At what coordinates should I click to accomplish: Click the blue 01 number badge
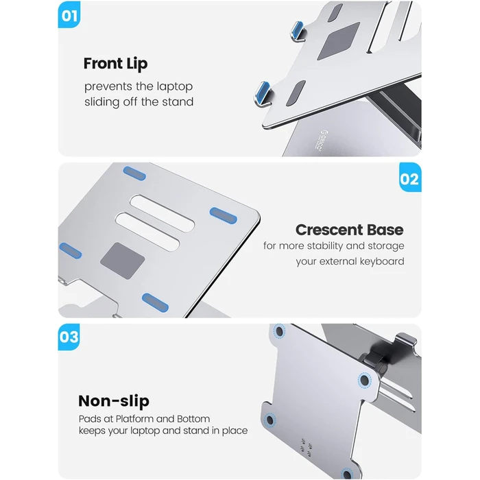tap(69, 16)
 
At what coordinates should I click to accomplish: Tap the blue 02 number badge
tap(409, 179)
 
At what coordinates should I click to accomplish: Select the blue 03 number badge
tap(69, 337)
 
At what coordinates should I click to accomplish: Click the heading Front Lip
tap(115, 64)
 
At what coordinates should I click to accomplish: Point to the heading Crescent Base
tap(349, 230)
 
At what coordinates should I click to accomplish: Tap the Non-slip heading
tap(114, 401)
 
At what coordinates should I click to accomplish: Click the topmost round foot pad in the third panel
tap(279, 331)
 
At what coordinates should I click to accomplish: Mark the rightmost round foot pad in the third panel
tap(363, 379)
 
